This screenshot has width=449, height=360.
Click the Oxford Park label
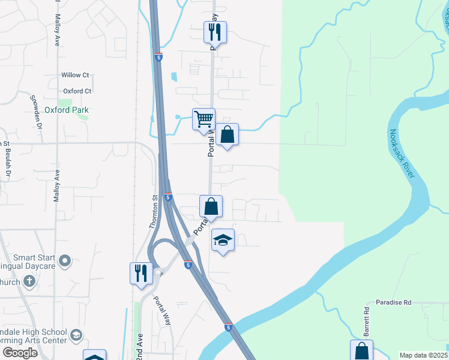click(67, 110)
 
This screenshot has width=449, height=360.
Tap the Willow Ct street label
click(75, 75)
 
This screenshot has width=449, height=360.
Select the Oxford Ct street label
click(77, 91)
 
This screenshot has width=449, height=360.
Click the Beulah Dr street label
click(9, 164)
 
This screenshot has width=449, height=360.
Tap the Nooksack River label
click(402, 154)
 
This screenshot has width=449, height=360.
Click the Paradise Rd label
click(394, 303)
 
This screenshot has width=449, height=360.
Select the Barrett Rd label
click(366, 322)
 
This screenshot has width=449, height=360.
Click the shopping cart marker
click(203, 119)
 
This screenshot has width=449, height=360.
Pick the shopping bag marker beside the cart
click(228, 134)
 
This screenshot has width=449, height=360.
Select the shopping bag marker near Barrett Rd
click(361, 350)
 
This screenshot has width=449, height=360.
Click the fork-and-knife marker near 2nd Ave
click(141, 272)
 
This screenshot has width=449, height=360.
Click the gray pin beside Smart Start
click(65, 261)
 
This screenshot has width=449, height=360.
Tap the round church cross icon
click(28, 281)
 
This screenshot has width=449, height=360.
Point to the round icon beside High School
click(76, 335)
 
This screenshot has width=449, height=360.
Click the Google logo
click(20, 353)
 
